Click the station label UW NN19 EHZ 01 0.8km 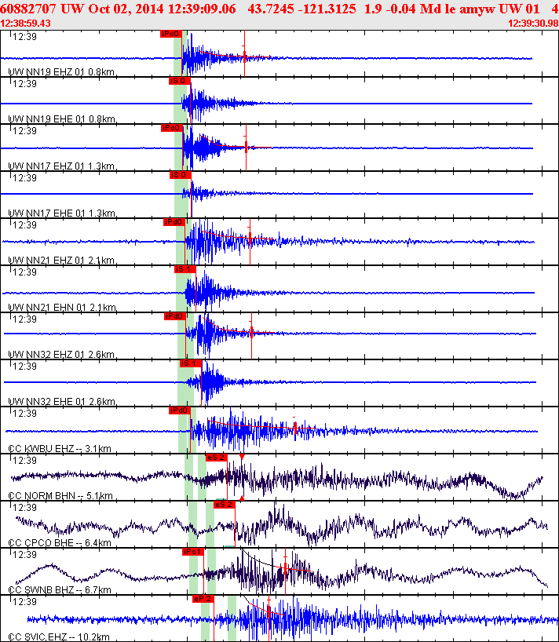(61, 72)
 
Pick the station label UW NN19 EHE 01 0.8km (61, 119)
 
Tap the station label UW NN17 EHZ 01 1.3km (61, 166)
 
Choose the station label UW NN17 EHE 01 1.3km (61, 213)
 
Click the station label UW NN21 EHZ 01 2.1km (61, 261)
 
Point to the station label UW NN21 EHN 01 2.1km (61, 308)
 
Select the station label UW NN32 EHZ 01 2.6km (61, 355)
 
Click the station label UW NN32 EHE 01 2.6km (61, 402)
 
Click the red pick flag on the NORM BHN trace (216, 457)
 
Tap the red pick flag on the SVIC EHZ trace (203, 598)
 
